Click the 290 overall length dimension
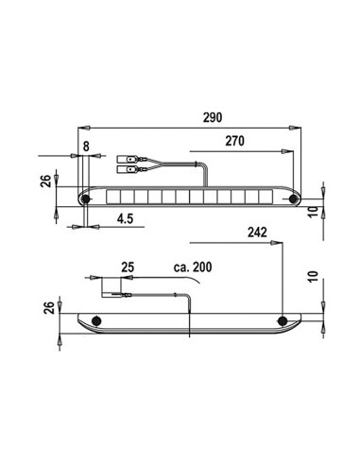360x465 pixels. point(213,117)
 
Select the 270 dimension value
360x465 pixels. point(234,141)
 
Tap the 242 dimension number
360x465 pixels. point(257,232)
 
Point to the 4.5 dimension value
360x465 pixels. point(126,218)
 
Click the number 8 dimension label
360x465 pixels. point(86,146)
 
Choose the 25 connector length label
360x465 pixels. point(128,267)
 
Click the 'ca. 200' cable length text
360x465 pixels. point(193,267)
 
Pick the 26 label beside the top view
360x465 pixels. point(46,181)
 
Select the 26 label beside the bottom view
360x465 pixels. point(49,307)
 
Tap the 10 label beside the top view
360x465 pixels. point(314,212)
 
